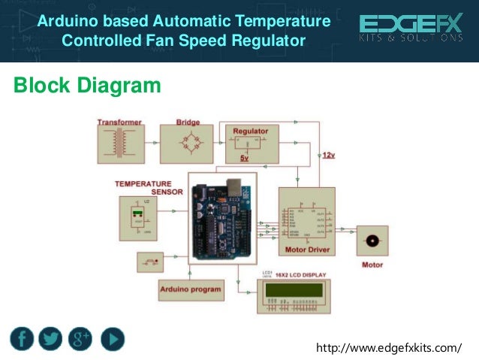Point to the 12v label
329,155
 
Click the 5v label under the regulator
244,159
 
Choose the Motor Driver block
306,220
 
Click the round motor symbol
371,241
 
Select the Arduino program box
191,289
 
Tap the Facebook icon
23,339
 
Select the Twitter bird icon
51,339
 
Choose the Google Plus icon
80,339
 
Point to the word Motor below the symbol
372,265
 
